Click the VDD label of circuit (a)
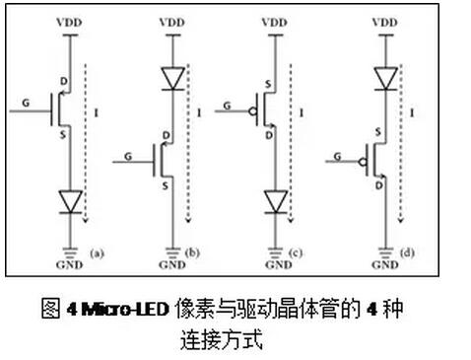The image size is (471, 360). coord(70,21)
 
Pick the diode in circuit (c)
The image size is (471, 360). coord(277,202)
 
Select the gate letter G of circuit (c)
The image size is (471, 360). coord(228,102)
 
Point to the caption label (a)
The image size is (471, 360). coord(97,252)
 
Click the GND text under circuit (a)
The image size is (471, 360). coord(70,265)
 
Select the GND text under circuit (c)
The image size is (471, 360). coord(277,265)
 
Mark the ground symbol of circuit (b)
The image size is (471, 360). coord(173,249)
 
